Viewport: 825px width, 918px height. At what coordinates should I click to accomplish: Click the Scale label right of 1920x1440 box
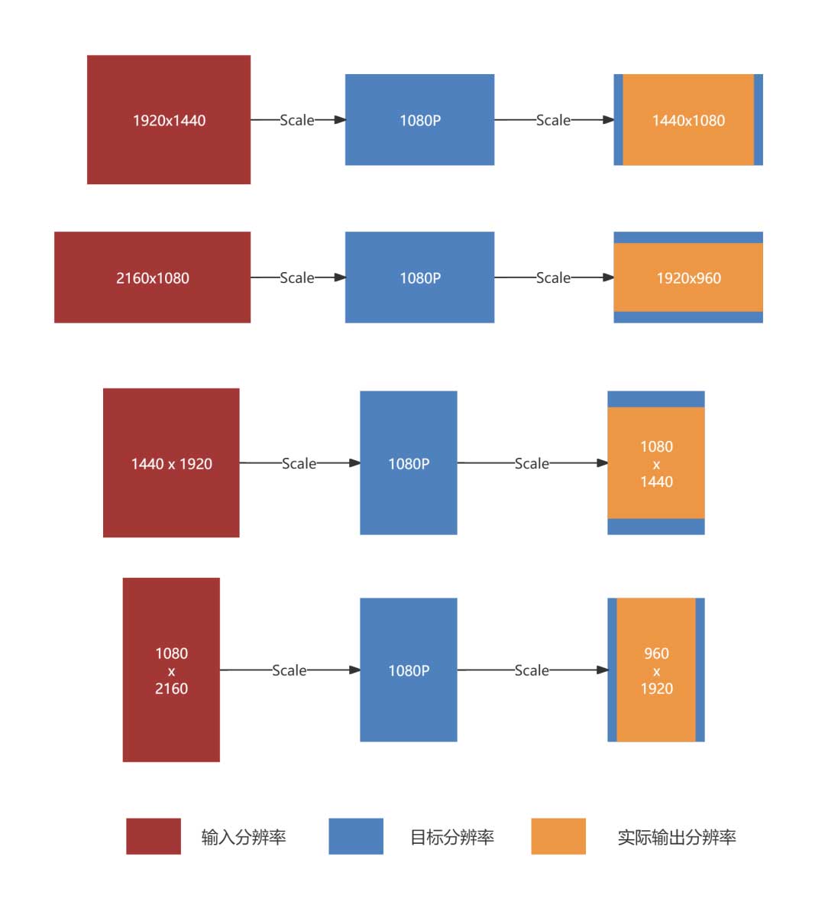(x=297, y=120)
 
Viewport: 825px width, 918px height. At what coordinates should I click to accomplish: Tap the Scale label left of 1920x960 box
(x=553, y=277)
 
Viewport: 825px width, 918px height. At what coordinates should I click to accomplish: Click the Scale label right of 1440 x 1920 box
(x=299, y=463)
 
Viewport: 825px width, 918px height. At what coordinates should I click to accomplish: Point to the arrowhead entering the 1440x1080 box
(x=608, y=120)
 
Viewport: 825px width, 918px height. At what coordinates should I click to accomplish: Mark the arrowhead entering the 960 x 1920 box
(x=603, y=670)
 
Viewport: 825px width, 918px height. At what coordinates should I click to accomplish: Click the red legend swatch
(x=154, y=836)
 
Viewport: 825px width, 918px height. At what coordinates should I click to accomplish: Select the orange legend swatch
(x=558, y=836)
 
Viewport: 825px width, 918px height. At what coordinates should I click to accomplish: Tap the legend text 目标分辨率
(x=452, y=837)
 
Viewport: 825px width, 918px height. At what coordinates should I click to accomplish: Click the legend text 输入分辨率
(x=244, y=837)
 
